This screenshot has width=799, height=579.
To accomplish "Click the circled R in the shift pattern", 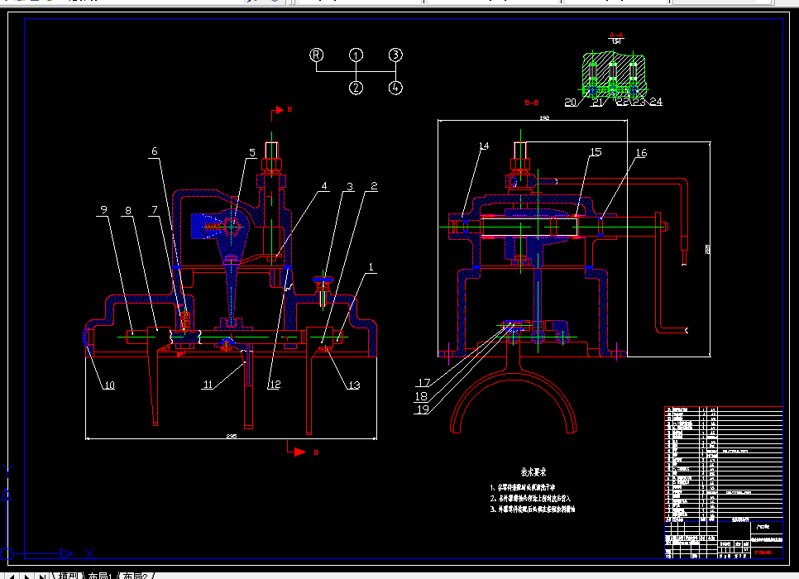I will (x=316, y=55).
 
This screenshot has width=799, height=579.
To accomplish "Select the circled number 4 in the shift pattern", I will (x=396, y=87).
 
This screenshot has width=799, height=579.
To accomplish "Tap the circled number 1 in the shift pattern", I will (x=356, y=55).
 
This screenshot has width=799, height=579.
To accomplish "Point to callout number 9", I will (x=103, y=211).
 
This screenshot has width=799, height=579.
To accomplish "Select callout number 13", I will (x=355, y=384).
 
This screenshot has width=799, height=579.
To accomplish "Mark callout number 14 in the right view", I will (x=484, y=146).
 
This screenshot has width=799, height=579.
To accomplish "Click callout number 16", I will (x=641, y=153).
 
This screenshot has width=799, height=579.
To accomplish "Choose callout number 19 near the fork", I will (x=423, y=409).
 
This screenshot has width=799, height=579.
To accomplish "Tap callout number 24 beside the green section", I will (x=656, y=102).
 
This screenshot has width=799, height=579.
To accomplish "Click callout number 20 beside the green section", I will (x=571, y=102).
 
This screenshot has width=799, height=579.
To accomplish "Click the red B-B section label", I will (x=532, y=103).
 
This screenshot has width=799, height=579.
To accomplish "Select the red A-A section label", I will (x=616, y=36).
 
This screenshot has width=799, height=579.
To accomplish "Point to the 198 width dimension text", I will (x=544, y=118).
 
